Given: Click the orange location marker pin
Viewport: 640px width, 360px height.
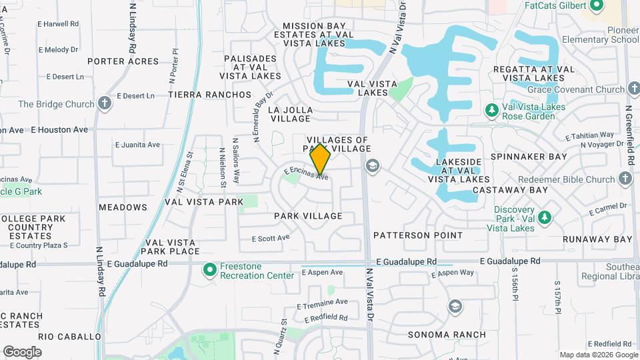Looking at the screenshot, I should click(x=321, y=159).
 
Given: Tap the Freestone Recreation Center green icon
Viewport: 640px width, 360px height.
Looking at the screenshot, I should click(x=209, y=270).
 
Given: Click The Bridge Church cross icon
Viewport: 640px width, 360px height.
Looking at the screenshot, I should click(x=105, y=104).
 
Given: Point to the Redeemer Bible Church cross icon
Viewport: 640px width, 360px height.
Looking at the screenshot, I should click(x=625, y=179).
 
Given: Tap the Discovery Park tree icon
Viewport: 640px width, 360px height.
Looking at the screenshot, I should click(x=545, y=217).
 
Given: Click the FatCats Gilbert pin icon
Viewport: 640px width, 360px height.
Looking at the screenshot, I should click(x=596, y=5).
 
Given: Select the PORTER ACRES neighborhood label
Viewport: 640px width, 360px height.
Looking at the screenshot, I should click(x=123, y=61).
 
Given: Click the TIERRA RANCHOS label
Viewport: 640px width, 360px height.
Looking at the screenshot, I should click(x=210, y=95).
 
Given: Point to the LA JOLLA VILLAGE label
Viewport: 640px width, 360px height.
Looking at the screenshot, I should click(x=290, y=114).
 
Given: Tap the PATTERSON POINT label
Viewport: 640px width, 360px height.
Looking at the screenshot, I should click(x=418, y=235).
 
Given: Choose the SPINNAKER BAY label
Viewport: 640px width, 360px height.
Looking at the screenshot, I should click(x=529, y=157).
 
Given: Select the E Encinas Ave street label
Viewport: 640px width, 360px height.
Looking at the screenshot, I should click(x=306, y=174).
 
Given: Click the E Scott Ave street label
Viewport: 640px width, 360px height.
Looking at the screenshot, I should click(x=271, y=238).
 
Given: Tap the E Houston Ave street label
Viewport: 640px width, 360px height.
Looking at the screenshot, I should click(x=59, y=129).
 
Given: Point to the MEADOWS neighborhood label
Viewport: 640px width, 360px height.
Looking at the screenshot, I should click(x=123, y=207).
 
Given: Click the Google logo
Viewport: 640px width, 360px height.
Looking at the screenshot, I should click(x=22, y=351).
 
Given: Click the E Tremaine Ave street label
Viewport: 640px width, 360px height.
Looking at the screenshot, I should click(x=323, y=302).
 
